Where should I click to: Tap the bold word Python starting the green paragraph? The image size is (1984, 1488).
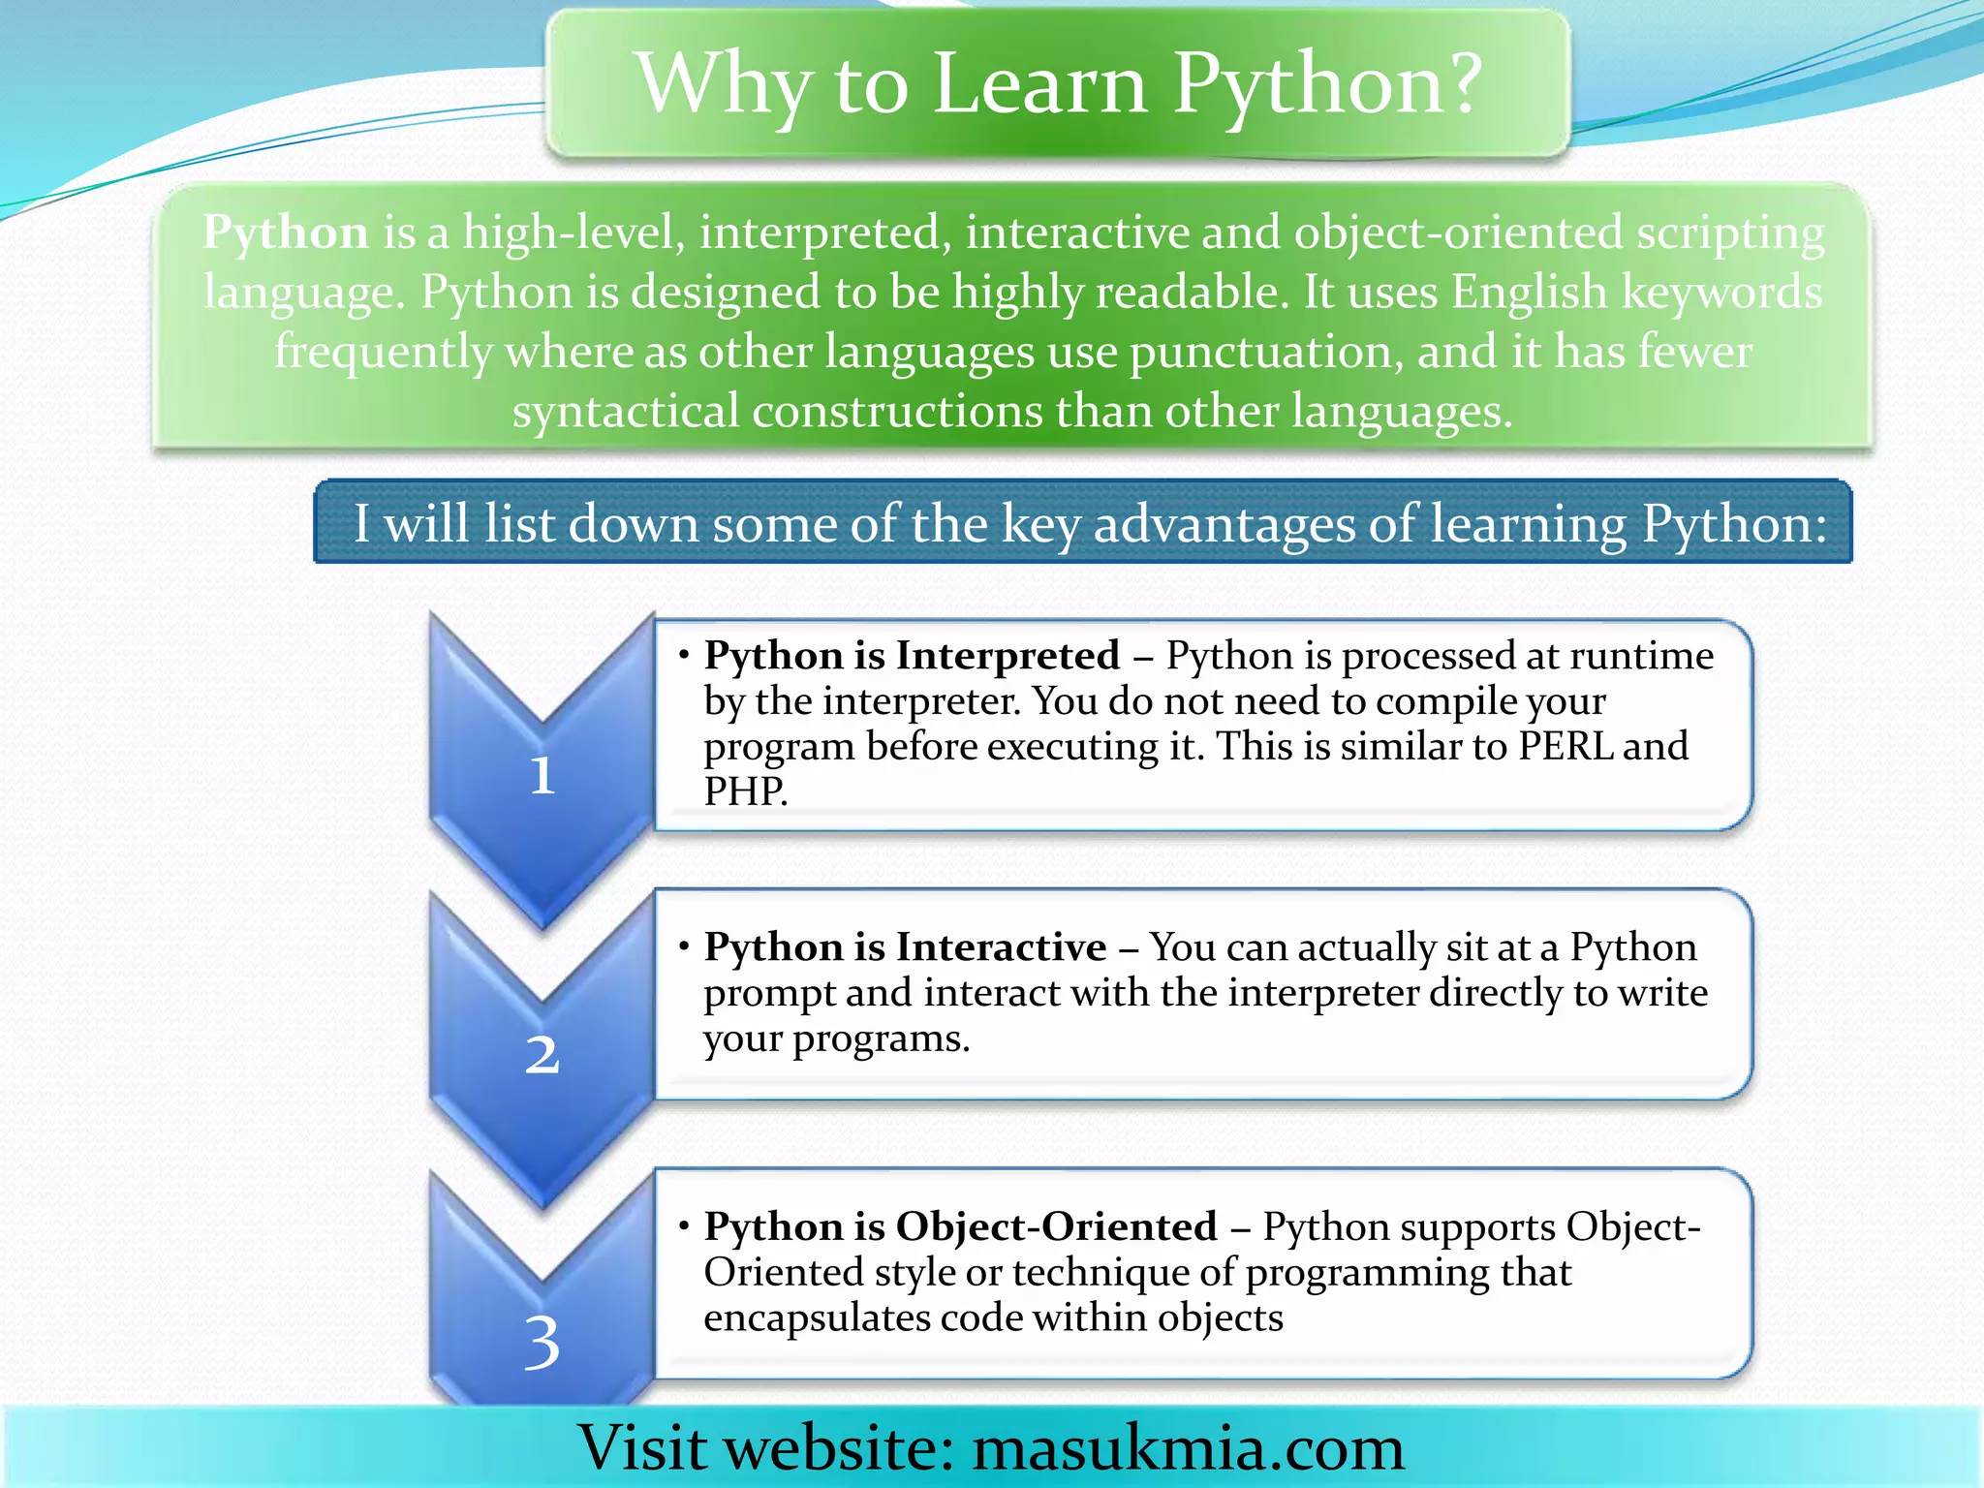click(286, 233)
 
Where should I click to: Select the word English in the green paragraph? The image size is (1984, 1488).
click(1529, 292)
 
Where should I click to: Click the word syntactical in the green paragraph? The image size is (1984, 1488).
click(626, 412)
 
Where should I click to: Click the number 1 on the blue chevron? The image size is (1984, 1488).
click(542, 776)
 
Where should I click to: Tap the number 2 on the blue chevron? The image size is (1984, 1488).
click(542, 1054)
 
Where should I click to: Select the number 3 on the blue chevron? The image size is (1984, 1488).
click(542, 1343)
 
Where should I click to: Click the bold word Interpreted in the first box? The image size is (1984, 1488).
click(1007, 656)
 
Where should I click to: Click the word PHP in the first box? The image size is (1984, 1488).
click(743, 791)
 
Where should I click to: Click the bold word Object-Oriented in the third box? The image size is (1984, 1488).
click(1056, 1226)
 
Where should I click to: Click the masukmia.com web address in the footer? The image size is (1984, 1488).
click(1188, 1448)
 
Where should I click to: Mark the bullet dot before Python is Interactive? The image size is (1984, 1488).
click(684, 945)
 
